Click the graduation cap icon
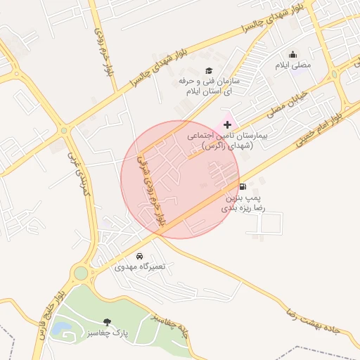click(208, 70)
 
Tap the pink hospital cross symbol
click(227, 124)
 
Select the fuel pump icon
click(243, 186)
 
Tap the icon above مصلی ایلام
click(292, 55)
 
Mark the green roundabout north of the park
click(80, 273)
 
